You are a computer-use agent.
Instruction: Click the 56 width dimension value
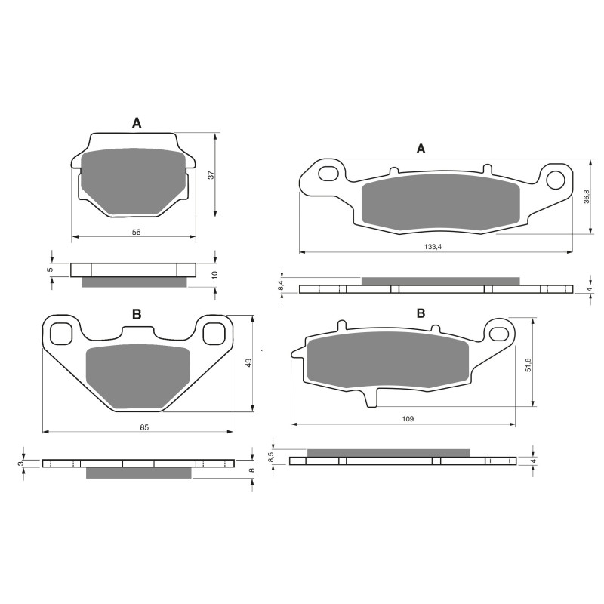point(136,232)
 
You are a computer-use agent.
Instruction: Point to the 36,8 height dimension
point(587,196)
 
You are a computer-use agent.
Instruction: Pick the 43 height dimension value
point(248,362)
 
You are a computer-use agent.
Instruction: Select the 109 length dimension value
point(407,418)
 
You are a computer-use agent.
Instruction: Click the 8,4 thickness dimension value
point(281,285)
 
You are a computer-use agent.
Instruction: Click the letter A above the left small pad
point(136,122)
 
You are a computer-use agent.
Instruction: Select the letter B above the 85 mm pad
point(137,315)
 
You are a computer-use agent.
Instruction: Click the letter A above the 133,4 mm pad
point(421,149)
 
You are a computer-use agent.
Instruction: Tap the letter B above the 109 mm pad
point(421,313)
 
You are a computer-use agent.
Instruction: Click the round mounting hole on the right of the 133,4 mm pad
point(556,179)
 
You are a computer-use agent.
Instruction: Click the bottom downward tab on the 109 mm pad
point(371,397)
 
